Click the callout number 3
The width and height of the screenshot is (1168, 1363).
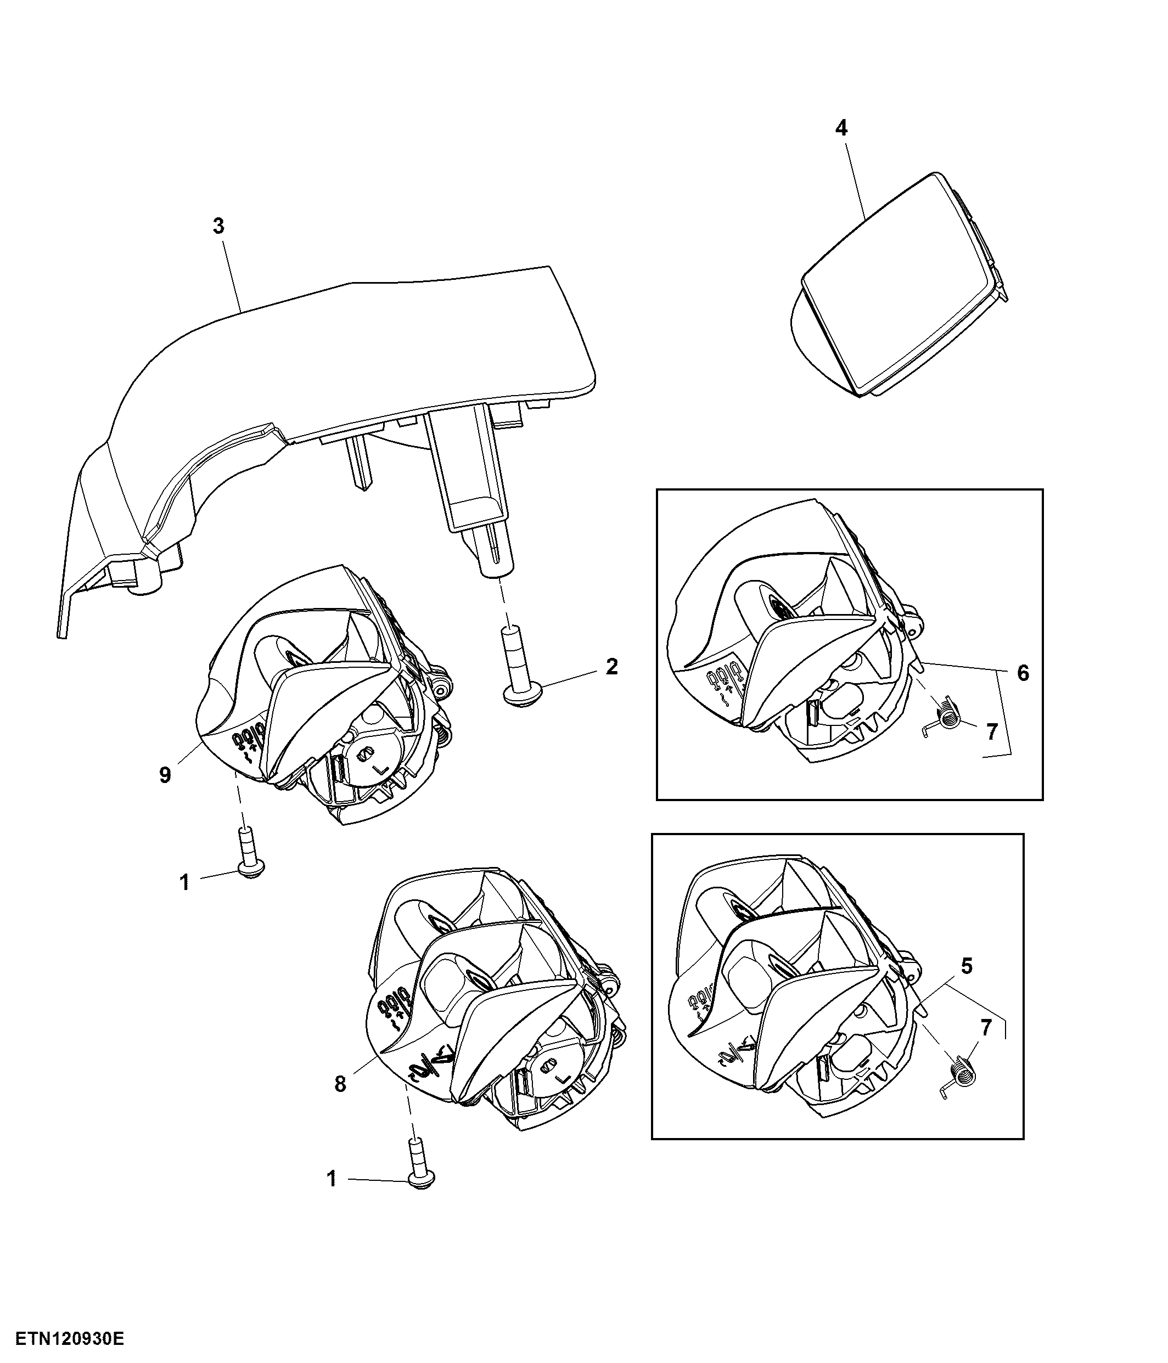(x=218, y=226)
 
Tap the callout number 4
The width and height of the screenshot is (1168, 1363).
(x=841, y=128)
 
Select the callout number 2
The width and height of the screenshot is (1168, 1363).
(x=612, y=667)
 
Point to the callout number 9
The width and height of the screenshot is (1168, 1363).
(x=165, y=775)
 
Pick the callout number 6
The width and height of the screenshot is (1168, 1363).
(x=1023, y=674)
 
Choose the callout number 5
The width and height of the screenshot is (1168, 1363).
(x=967, y=966)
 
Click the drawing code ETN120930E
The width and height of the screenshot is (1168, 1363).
(x=70, y=1339)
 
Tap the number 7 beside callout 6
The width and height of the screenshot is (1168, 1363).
(x=992, y=731)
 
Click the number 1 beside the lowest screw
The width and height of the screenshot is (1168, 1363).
(x=332, y=1178)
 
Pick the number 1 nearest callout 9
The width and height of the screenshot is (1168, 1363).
(x=185, y=882)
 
